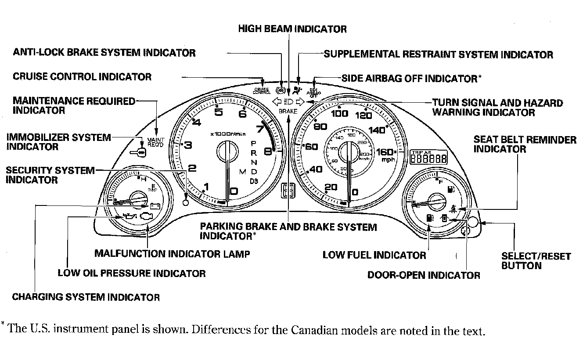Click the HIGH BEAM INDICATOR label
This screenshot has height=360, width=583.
pos(292,29)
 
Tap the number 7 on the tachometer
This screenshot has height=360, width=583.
pos(260,130)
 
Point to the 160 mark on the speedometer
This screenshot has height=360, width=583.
pos(386,152)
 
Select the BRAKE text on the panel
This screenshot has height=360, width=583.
pos(288,112)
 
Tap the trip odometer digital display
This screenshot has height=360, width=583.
pos(429,158)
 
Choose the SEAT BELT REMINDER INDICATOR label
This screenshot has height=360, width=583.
pos(525,144)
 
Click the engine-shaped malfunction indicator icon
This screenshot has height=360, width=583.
pos(148,216)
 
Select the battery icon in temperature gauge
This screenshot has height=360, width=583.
pos(154,205)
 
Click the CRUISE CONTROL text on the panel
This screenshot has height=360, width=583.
pos(262,91)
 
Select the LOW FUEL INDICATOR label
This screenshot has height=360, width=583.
pos(374,255)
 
